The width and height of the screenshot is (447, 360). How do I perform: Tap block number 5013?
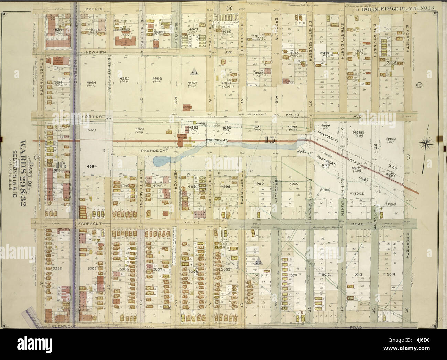359,274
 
